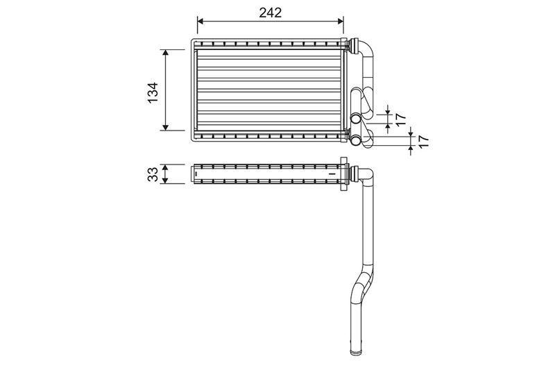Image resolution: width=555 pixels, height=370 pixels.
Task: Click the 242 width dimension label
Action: pyautogui.click(x=271, y=12)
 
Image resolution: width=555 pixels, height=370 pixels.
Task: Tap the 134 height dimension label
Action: pyautogui.click(x=153, y=93)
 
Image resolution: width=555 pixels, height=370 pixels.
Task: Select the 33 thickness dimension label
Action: pyautogui.click(x=153, y=174)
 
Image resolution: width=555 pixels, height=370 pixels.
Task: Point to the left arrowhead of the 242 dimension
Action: pyautogui.click(x=200, y=22)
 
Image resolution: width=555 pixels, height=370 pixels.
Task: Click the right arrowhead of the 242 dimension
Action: pyautogui.click(x=340, y=22)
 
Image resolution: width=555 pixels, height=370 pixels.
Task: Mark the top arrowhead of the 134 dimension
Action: pyautogui.click(x=165, y=53)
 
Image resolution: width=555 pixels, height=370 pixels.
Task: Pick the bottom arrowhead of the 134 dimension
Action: pyautogui.click(x=165, y=127)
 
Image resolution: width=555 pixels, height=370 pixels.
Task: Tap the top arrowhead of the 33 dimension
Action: pyautogui.click(x=165, y=167)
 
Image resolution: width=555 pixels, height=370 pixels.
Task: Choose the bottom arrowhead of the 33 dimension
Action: pyautogui.click(x=165, y=180)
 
